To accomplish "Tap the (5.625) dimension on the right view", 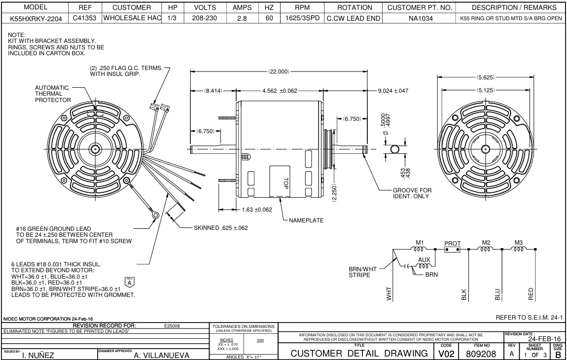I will tap(486, 78).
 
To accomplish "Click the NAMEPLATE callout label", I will tap(307, 220).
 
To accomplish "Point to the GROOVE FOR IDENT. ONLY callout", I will tap(412, 193).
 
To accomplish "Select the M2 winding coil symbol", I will tap(486, 250).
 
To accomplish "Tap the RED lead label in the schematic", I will tap(531, 294).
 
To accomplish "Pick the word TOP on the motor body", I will tap(285, 183).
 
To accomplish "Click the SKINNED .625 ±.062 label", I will tap(220, 228).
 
